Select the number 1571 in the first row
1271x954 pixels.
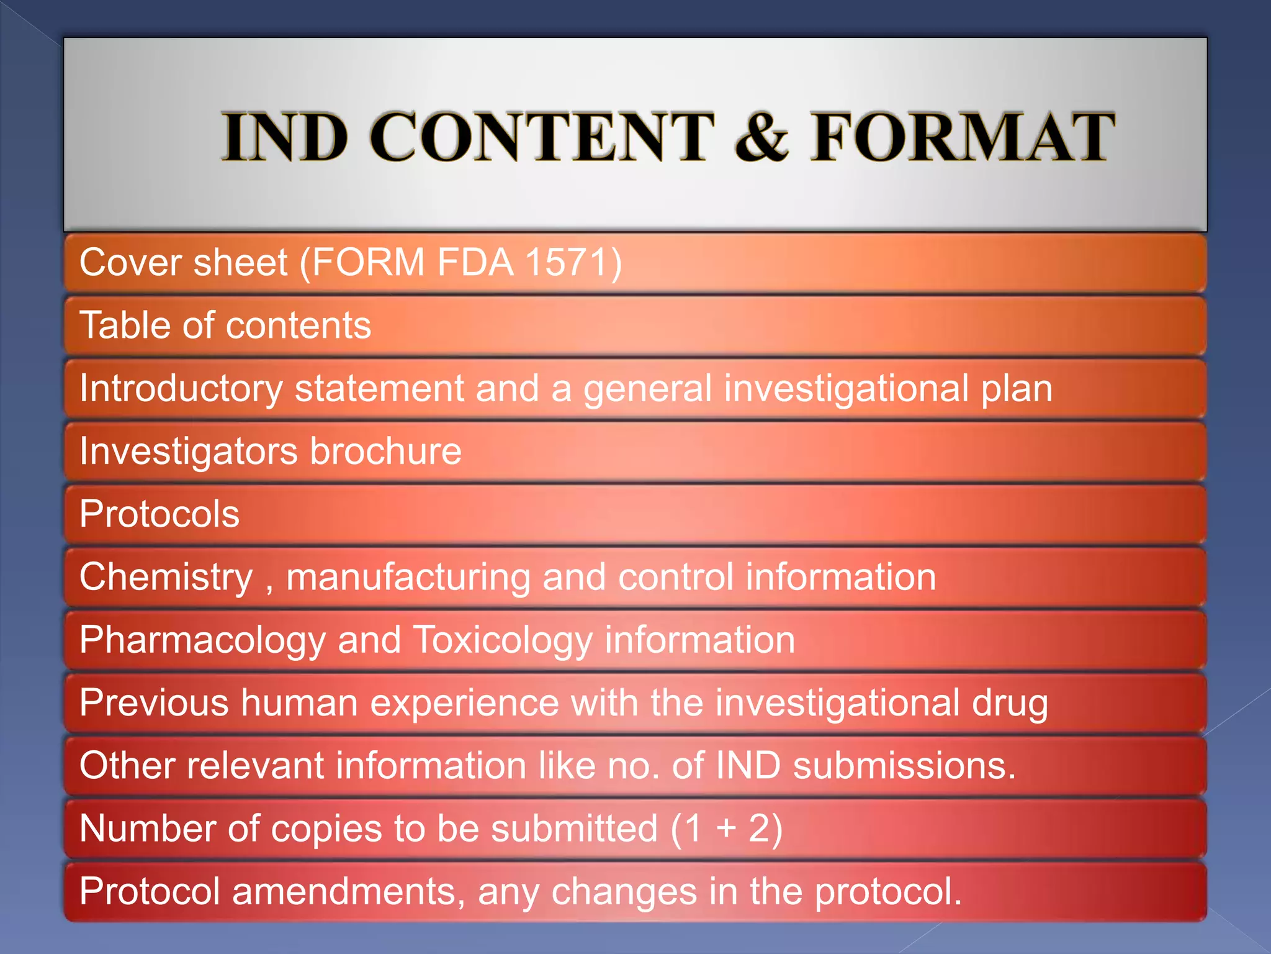coord(564,262)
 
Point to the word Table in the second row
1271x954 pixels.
coord(125,325)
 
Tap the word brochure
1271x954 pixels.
coord(385,451)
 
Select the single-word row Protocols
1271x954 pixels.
coord(159,514)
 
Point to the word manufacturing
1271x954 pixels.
coord(408,577)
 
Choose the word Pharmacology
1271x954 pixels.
coord(202,640)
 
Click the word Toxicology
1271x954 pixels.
coord(502,640)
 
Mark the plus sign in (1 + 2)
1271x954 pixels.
coord(726,829)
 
